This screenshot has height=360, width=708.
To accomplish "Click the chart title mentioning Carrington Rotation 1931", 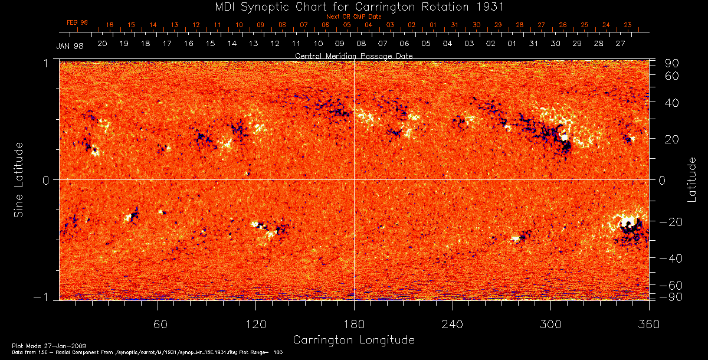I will click(354, 7).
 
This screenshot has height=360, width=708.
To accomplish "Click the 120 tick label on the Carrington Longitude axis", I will click(255, 325).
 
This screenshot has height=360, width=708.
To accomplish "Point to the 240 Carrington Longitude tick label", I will click(453, 325).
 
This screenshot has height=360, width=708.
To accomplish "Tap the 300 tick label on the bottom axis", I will click(550, 325).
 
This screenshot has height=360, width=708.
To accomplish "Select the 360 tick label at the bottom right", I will click(648, 325).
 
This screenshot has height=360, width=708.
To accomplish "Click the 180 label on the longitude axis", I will click(354, 325).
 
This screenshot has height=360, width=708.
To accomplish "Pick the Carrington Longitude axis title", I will click(353, 340).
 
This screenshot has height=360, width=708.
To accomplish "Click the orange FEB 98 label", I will click(77, 22).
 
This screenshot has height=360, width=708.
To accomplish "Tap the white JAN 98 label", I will click(70, 46).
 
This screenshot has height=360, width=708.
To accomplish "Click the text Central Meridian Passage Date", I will click(354, 55).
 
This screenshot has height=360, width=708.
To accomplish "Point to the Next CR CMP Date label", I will click(354, 17).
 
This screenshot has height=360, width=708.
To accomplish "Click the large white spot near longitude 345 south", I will click(627, 223).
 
